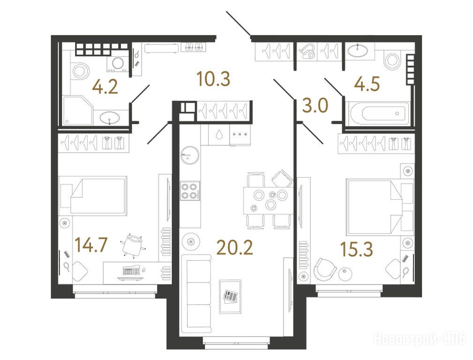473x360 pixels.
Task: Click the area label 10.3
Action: click(213, 79)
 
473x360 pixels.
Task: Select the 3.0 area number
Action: click(315, 105)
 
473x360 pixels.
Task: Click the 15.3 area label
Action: click(356, 249)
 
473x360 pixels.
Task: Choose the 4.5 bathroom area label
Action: click(367, 84)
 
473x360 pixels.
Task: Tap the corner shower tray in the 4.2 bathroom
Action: click(78, 110)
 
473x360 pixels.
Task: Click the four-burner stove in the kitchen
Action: click(190, 191)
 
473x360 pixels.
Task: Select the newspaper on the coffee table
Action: click(231, 296)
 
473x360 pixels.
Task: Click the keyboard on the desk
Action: click(132, 270)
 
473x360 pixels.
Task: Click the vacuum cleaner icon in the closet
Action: click(308, 52)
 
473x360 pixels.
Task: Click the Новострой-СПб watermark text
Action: click(420, 338)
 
